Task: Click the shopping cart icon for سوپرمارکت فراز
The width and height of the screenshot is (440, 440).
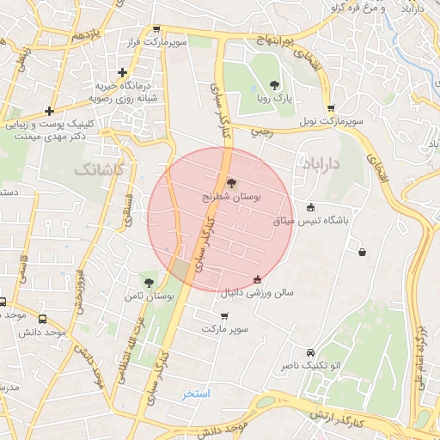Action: point(156,28)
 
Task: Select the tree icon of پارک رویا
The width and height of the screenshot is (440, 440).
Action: point(274,84)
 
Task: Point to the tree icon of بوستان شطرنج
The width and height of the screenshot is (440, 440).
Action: point(230,182)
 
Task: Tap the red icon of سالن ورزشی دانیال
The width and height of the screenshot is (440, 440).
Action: point(258,278)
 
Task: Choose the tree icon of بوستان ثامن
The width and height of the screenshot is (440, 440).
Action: point(150,282)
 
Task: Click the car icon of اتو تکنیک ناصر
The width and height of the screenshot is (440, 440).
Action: point(310,351)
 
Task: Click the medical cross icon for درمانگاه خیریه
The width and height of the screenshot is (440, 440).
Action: point(124,73)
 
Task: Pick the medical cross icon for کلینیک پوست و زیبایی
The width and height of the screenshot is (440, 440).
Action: point(50,111)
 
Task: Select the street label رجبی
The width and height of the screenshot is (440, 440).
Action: point(260,133)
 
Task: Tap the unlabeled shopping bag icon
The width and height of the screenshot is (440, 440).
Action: point(363,252)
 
